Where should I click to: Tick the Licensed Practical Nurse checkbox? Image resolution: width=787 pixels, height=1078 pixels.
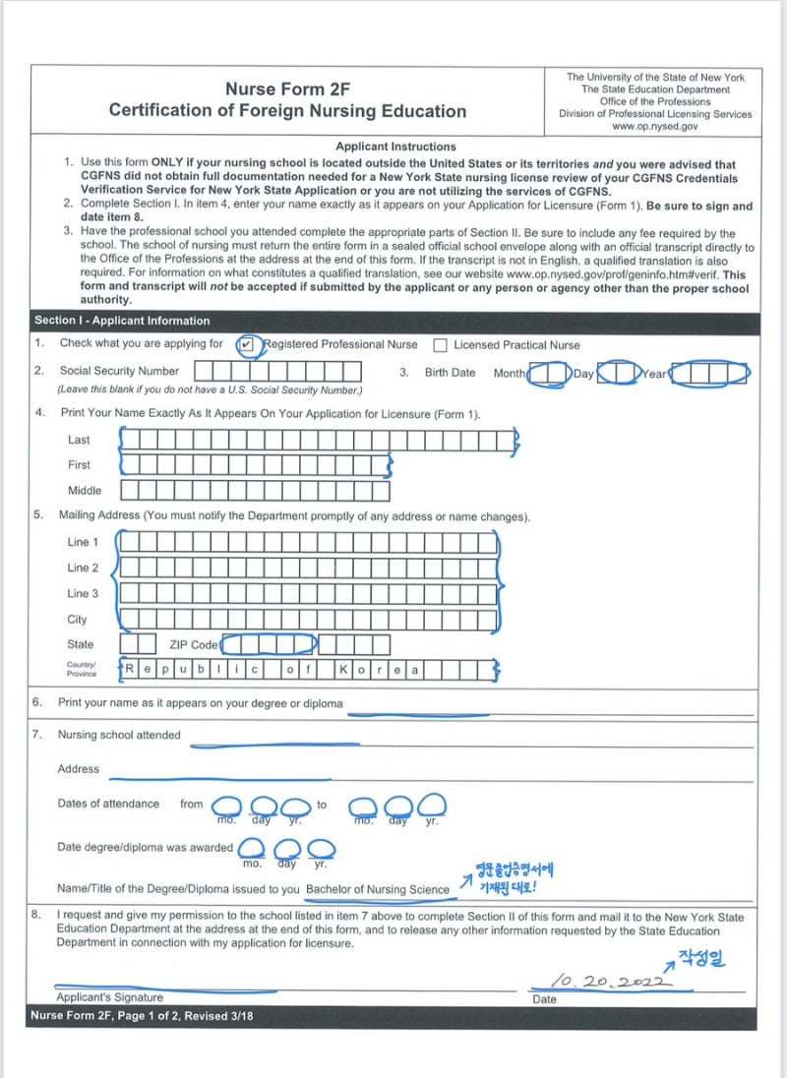pos(440,345)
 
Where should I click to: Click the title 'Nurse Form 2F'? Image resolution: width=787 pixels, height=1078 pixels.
pos(287,90)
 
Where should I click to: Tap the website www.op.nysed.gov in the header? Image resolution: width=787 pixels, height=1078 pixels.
pos(655,127)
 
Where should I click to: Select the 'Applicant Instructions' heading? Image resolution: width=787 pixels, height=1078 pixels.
pos(395,147)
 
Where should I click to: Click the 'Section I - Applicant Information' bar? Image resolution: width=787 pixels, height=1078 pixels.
pos(122,321)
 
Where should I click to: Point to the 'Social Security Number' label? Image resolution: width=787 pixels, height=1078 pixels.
pos(119,371)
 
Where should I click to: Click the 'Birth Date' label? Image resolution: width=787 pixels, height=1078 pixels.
pos(450,373)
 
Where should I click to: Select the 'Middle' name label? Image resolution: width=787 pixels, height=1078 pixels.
pos(85,490)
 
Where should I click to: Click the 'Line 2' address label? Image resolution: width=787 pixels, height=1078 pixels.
pos(83,568)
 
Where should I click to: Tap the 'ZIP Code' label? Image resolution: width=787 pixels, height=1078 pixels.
pos(194,645)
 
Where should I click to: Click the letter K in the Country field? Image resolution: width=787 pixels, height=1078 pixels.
pos(343,669)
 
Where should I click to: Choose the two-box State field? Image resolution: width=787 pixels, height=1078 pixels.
pos(138,643)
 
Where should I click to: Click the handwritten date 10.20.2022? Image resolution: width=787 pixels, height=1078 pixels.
pos(610,981)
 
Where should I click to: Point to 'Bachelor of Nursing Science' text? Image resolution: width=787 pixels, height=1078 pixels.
pos(378,889)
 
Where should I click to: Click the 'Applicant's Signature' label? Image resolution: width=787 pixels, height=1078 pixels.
pos(110,997)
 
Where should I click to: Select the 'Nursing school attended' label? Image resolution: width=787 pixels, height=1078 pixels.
pos(119,735)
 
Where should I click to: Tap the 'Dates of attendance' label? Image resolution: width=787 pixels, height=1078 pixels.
pos(108,804)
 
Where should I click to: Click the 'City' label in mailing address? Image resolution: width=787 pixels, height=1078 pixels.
pos(77,620)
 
